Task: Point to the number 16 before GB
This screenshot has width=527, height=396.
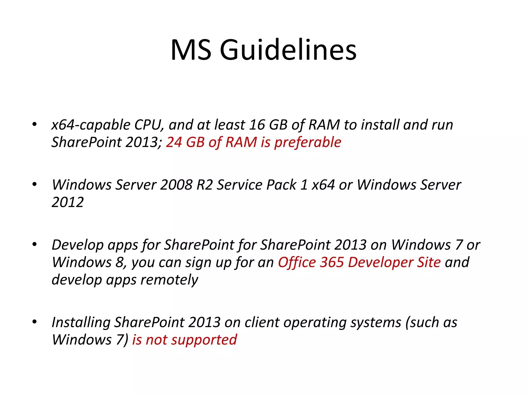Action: (257, 125)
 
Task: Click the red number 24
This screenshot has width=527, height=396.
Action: (174, 142)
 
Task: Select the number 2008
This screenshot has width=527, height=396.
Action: (176, 185)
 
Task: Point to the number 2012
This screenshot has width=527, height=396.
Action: (68, 202)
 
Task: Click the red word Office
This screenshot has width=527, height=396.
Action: (297, 262)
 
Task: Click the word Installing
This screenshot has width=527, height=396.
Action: (81, 323)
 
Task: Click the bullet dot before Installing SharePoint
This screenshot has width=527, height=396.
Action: (34, 322)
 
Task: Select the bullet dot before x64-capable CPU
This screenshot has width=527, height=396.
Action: (34, 125)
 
